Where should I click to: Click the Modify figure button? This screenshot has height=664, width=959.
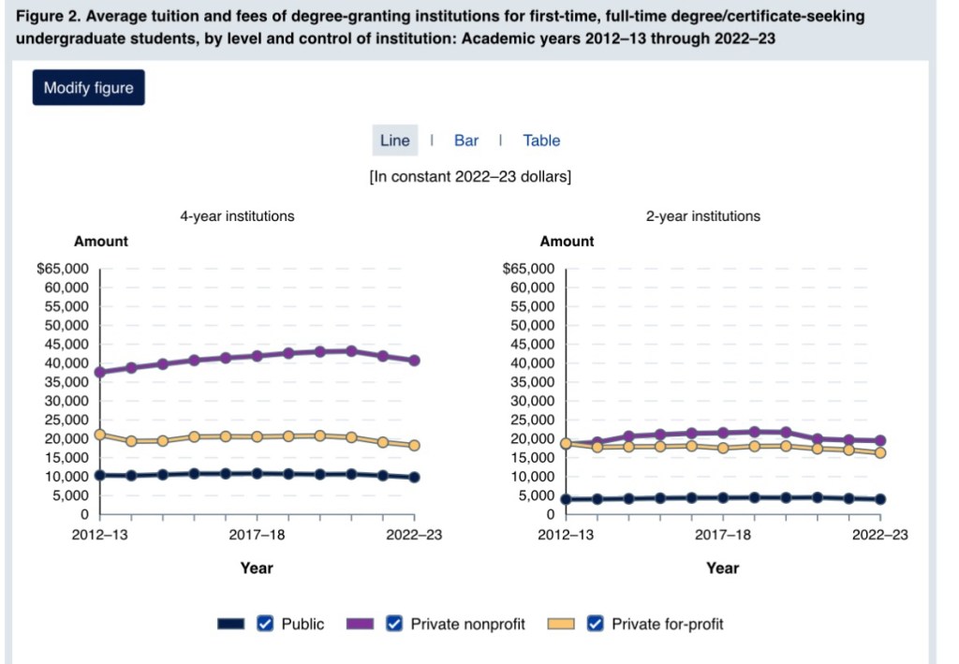pyautogui.click(x=89, y=88)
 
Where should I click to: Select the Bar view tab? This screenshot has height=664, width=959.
pyautogui.click(x=466, y=140)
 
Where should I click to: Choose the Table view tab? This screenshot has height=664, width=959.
pyautogui.click(x=541, y=140)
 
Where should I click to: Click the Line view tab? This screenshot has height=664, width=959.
pyautogui.click(x=394, y=140)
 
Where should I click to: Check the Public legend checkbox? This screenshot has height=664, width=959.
pyautogui.click(x=265, y=624)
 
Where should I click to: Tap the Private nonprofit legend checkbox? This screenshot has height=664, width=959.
pyautogui.click(x=394, y=624)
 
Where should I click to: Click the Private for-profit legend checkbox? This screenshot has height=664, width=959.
pyautogui.click(x=595, y=624)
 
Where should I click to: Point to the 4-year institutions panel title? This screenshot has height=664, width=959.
pyautogui.click(x=237, y=216)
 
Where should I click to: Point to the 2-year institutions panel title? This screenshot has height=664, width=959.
pyautogui.click(x=703, y=216)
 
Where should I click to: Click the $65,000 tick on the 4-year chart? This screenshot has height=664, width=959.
pyautogui.click(x=63, y=269)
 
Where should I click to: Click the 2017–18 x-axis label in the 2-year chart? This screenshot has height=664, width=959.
pyautogui.click(x=724, y=535)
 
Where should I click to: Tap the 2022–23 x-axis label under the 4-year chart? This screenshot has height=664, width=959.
pyautogui.click(x=414, y=535)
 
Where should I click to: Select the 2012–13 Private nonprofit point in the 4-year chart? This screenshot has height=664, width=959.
pyautogui.click(x=100, y=372)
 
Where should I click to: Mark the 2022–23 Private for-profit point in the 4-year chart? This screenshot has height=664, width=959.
pyautogui.click(x=414, y=446)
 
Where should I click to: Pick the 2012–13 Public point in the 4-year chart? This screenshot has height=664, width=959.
pyautogui.click(x=100, y=476)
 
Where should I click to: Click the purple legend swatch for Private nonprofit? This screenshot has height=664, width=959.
pyautogui.click(x=361, y=624)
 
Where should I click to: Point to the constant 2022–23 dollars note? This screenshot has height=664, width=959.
pyautogui.click(x=470, y=176)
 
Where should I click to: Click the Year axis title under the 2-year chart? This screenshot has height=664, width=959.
pyautogui.click(x=723, y=568)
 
